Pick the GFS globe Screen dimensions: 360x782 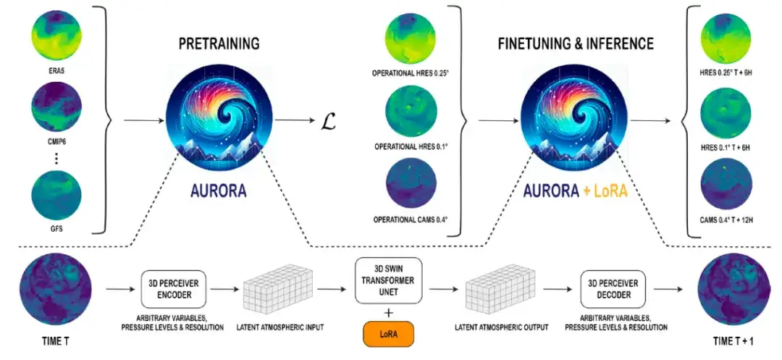tap(56, 197)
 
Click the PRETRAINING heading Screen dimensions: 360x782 tap(219, 44)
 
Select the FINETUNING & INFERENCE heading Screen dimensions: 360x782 tap(575, 44)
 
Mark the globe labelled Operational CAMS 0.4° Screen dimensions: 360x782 tap(411, 185)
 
